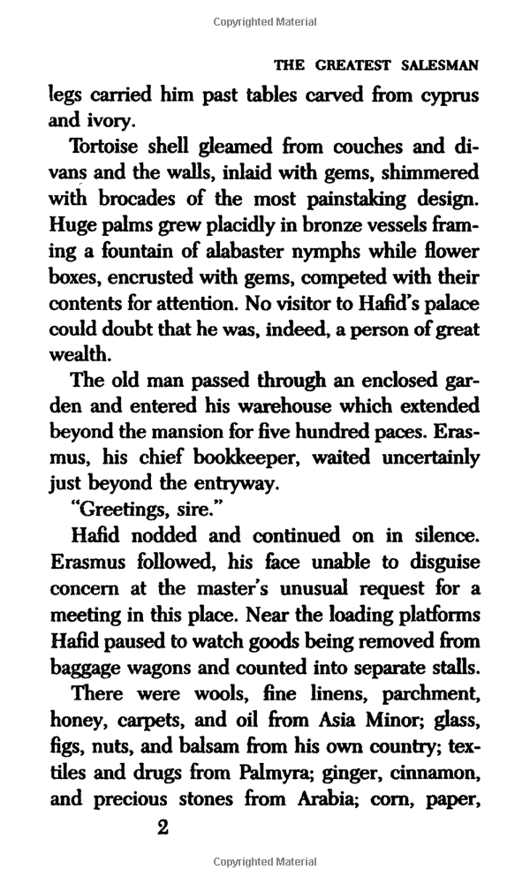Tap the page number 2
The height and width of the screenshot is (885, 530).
pyautogui.click(x=162, y=828)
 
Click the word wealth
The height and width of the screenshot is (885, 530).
pyautogui.click(x=79, y=355)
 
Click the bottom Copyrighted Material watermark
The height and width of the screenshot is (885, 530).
pyautogui.click(x=265, y=861)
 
